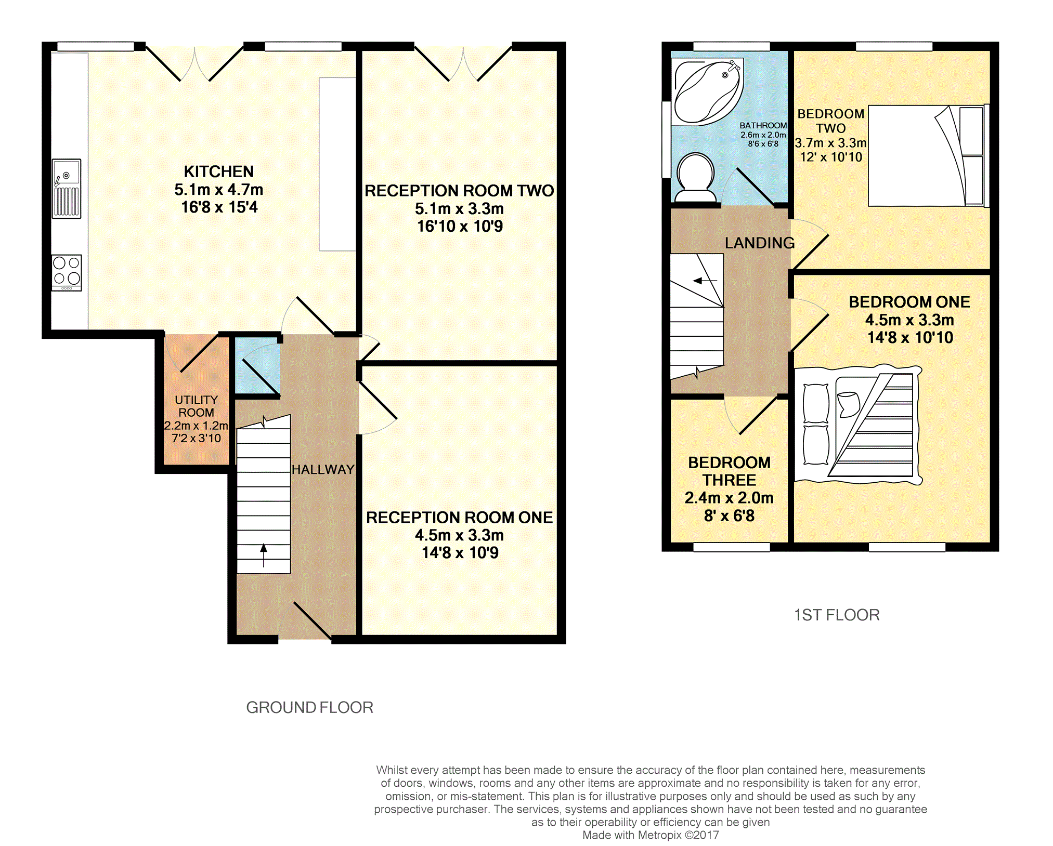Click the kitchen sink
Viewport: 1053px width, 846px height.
(x=67, y=189)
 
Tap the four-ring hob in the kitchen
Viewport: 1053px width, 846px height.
(x=67, y=273)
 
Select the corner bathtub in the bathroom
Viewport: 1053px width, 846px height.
(x=707, y=92)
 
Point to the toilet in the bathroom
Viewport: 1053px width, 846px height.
(x=695, y=177)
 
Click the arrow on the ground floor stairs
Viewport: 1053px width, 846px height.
(x=264, y=555)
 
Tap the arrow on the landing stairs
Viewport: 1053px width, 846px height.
(x=705, y=281)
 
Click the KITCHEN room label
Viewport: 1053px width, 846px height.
(x=219, y=171)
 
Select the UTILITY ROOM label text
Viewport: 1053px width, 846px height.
(x=196, y=406)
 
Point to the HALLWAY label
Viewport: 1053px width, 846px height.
(x=323, y=469)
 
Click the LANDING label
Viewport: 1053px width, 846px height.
(x=760, y=243)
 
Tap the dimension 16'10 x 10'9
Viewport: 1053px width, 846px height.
(x=460, y=226)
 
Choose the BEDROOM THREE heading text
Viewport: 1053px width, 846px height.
(x=729, y=471)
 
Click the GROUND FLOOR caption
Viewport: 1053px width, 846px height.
(x=310, y=707)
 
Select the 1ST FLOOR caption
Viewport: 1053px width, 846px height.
(x=837, y=615)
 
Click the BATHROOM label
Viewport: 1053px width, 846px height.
(x=763, y=125)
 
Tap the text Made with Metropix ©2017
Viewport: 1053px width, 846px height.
(x=651, y=835)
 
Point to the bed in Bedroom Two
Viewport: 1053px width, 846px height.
(x=929, y=156)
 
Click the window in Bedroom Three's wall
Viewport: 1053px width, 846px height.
(x=732, y=547)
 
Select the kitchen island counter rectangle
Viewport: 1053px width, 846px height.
(x=337, y=164)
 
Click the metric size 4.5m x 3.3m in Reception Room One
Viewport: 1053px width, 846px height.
(x=459, y=535)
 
